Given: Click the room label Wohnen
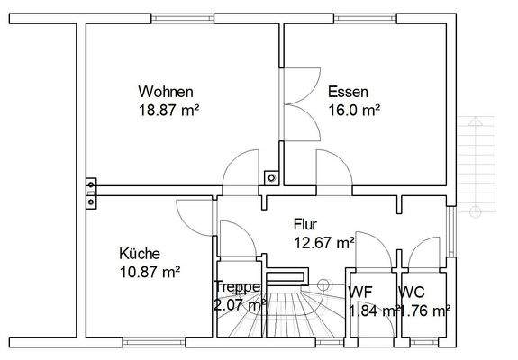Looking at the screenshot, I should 165,92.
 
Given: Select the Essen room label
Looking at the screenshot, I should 346,92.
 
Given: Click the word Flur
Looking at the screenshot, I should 306,224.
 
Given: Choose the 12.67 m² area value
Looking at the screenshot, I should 323,242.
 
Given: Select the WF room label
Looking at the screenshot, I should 360,292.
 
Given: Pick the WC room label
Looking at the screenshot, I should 412,292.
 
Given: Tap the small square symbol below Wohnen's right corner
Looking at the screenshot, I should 268,177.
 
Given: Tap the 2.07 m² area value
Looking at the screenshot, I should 241,306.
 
